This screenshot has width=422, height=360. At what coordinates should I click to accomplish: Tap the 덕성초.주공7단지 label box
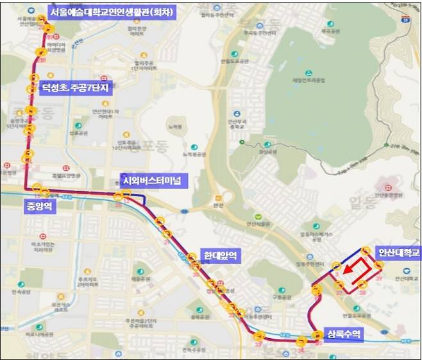tap(76, 90)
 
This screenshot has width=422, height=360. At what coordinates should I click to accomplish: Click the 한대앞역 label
tap(219, 255)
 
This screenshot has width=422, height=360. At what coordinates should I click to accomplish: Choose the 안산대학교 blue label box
tap(398, 252)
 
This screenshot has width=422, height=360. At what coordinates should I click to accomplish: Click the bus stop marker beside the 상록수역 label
tap(317, 334)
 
